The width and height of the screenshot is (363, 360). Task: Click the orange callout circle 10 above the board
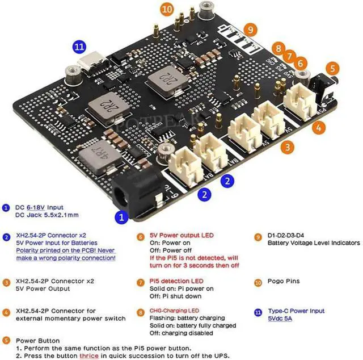(x=166, y=9)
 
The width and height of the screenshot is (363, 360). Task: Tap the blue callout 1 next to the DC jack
(x=120, y=216)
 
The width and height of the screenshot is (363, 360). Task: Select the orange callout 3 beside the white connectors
(x=289, y=146)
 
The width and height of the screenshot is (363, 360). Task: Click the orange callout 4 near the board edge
(x=319, y=128)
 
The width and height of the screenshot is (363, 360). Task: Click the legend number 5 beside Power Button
(x=6, y=341)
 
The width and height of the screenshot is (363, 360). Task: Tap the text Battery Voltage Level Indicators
(x=314, y=243)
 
